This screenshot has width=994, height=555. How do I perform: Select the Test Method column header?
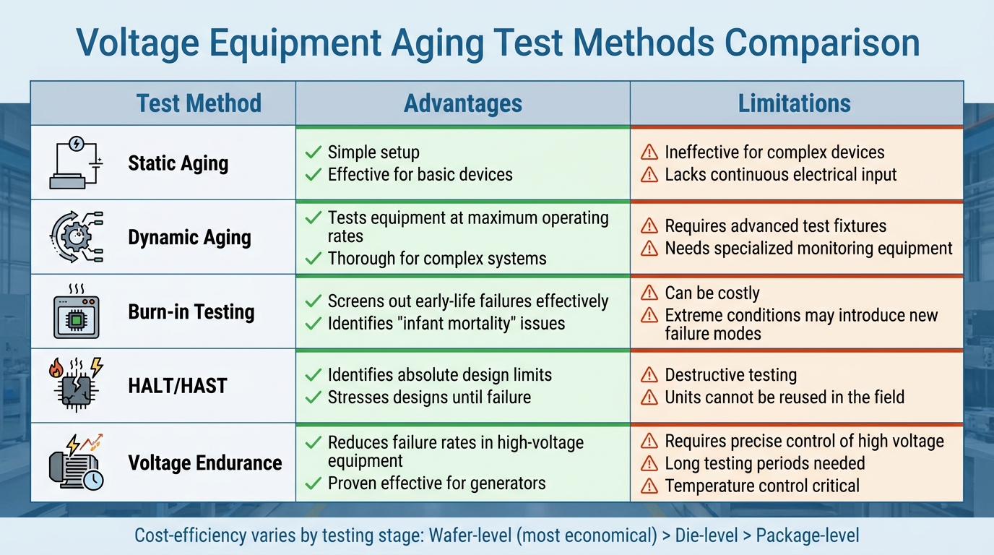[x=199, y=103]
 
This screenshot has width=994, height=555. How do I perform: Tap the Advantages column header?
[x=462, y=103]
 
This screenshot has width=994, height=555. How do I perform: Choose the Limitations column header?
[x=794, y=103]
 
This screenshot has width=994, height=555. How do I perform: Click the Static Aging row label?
[x=178, y=163]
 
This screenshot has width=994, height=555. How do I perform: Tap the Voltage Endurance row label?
[x=204, y=462]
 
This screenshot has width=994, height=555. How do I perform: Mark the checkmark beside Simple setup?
[x=313, y=152]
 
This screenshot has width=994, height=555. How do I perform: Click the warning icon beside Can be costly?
[x=649, y=293]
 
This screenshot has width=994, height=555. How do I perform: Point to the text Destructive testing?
[x=730, y=375]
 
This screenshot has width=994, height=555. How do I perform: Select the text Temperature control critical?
[x=762, y=486]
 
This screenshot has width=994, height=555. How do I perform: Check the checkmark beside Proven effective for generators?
[x=313, y=483]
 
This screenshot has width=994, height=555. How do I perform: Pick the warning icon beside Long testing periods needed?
[x=649, y=463]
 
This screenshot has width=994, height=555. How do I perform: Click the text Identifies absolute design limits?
[x=439, y=375]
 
